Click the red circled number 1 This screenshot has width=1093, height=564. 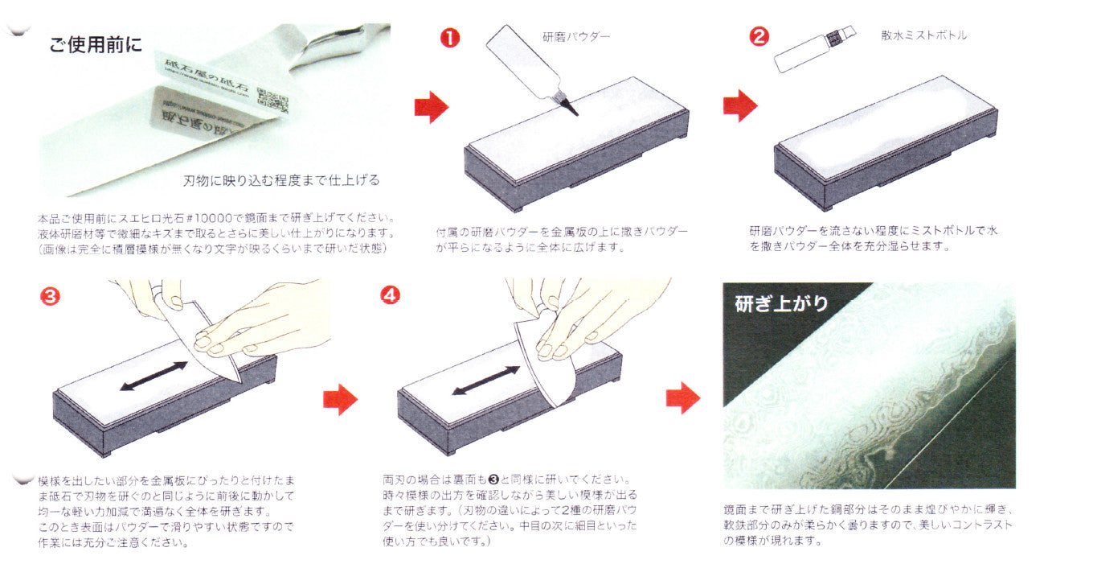click(451, 38)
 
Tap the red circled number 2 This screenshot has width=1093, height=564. click(759, 37)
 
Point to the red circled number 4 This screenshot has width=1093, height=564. click(390, 295)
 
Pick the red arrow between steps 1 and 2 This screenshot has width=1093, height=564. click(740, 105)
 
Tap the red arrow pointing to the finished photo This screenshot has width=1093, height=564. click(682, 397)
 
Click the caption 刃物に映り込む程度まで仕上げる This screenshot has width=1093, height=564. click(280, 180)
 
